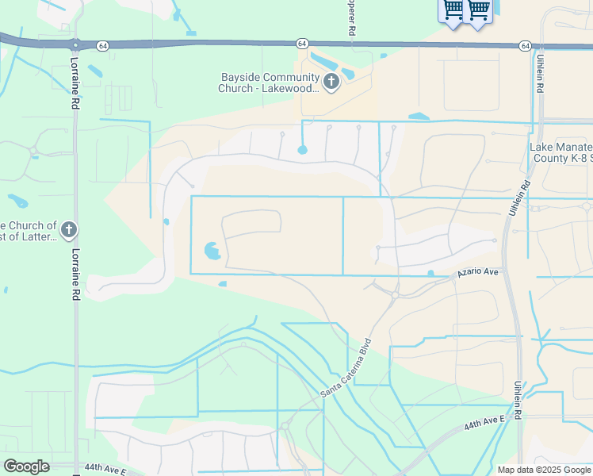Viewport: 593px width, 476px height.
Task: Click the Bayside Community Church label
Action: click(x=269, y=83)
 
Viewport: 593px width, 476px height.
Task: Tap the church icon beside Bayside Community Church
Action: click(x=331, y=82)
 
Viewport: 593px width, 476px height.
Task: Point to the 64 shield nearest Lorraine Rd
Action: click(x=103, y=46)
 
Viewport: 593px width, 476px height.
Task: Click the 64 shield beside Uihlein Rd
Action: click(x=526, y=46)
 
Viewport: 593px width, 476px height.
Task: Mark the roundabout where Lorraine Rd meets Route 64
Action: click(x=75, y=44)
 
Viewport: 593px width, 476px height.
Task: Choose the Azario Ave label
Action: click(x=477, y=272)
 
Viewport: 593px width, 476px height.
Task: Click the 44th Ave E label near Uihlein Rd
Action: click(x=484, y=420)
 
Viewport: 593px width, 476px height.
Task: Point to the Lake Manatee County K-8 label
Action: click(x=561, y=153)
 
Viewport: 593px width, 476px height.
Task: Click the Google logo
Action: click(x=26, y=466)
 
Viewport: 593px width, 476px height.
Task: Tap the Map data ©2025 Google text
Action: click(x=544, y=470)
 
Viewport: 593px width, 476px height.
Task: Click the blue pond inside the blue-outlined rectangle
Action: click(x=212, y=252)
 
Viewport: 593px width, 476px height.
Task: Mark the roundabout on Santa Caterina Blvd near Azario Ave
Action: click(x=394, y=295)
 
